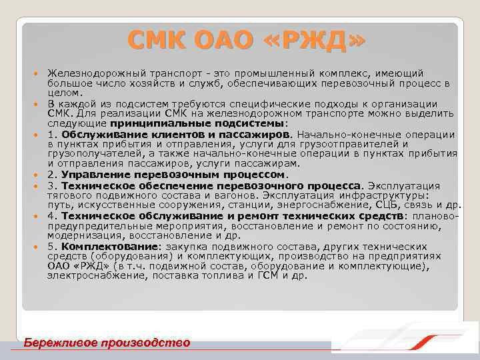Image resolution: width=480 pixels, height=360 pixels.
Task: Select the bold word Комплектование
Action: [106, 247]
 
